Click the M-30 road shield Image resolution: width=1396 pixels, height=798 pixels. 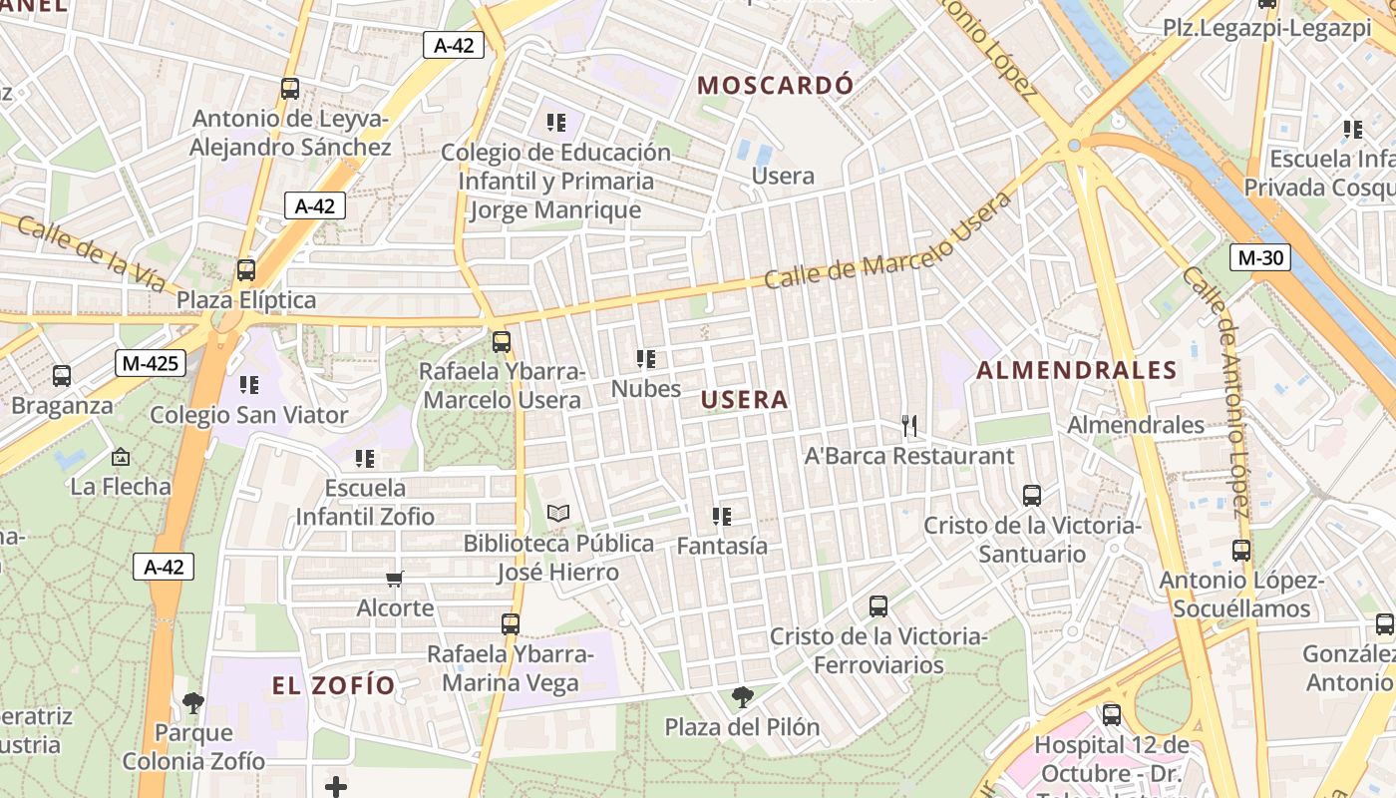1260,257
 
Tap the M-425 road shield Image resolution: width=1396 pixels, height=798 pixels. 150,363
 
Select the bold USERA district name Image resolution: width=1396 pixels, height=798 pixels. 744,400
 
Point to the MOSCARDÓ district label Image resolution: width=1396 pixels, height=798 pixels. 775,85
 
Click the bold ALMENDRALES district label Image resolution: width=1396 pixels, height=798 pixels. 1077,371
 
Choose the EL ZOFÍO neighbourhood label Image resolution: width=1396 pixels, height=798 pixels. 334,685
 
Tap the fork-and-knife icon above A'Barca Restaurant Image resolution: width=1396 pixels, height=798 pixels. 908,427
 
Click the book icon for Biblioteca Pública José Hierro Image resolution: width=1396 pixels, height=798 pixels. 558,514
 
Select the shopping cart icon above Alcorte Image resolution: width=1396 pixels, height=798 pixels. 395,579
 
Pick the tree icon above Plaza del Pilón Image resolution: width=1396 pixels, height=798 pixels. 742,696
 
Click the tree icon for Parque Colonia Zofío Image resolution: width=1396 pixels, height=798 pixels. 193,703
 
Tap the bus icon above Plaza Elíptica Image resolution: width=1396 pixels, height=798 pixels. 245,269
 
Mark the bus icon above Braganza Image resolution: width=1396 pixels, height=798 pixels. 62,376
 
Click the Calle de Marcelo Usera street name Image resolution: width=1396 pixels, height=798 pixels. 887,240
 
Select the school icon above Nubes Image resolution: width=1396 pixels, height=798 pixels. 646,359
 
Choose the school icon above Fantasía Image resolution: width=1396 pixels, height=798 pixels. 722,517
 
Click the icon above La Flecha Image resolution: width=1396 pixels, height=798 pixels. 121,457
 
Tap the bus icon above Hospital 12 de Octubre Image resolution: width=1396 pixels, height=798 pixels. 1111,714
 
